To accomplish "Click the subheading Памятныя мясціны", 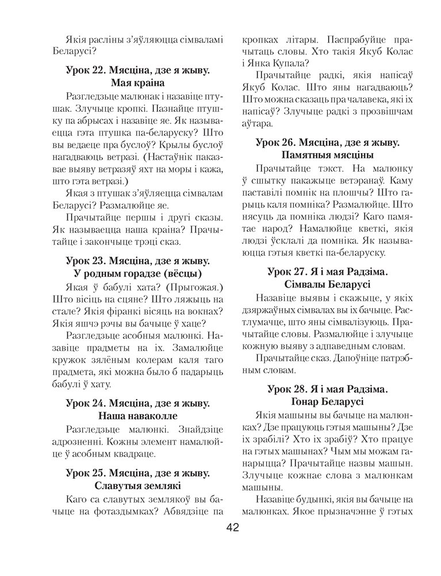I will (x=329, y=155).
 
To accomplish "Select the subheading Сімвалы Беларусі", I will (x=329, y=285).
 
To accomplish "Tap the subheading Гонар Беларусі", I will (x=329, y=401).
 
